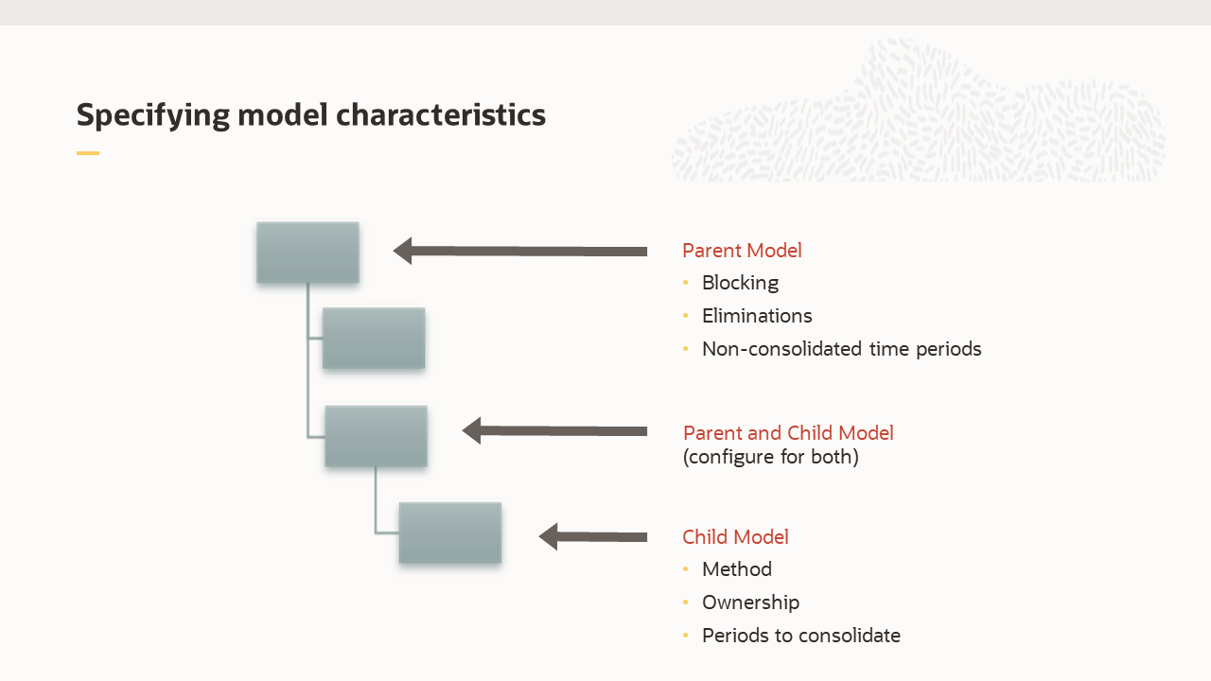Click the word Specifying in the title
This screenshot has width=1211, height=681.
pyautogui.click(x=152, y=114)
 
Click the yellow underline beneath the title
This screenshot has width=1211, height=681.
pyautogui.click(x=88, y=153)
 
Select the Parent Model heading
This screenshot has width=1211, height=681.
pyautogui.click(x=742, y=251)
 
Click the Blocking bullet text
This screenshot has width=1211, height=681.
pyautogui.click(x=740, y=283)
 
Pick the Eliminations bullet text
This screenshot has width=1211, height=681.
pyautogui.click(x=757, y=316)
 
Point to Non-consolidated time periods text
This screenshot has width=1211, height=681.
pyautogui.click(x=841, y=349)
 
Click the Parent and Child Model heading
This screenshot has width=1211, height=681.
pyautogui.click(x=788, y=433)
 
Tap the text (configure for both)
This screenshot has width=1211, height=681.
pyautogui.click(x=770, y=457)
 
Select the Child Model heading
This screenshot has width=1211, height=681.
pyautogui.click(x=735, y=537)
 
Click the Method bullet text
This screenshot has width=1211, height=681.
pyautogui.click(x=736, y=569)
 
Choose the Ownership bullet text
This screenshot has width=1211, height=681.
pyautogui.click(x=750, y=602)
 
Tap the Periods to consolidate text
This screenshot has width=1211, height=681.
pyautogui.click(x=800, y=636)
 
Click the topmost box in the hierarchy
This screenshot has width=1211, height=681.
pyautogui.click(x=307, y=253)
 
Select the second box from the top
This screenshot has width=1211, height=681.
pyautogui.click(x=374, y=338)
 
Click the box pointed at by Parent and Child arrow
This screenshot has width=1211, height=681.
pyautogui.click(x=376, y=436)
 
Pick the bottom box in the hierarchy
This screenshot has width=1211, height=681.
pyautogui.click(x=449, y=533)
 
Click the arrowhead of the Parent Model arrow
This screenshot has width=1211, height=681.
pyautogui.click(x=403, y=251)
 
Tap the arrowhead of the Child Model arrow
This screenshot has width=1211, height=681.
pyautogui.click(x=549, y=536)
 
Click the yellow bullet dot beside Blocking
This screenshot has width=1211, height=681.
pyautogui.click(x=686, y=283)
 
